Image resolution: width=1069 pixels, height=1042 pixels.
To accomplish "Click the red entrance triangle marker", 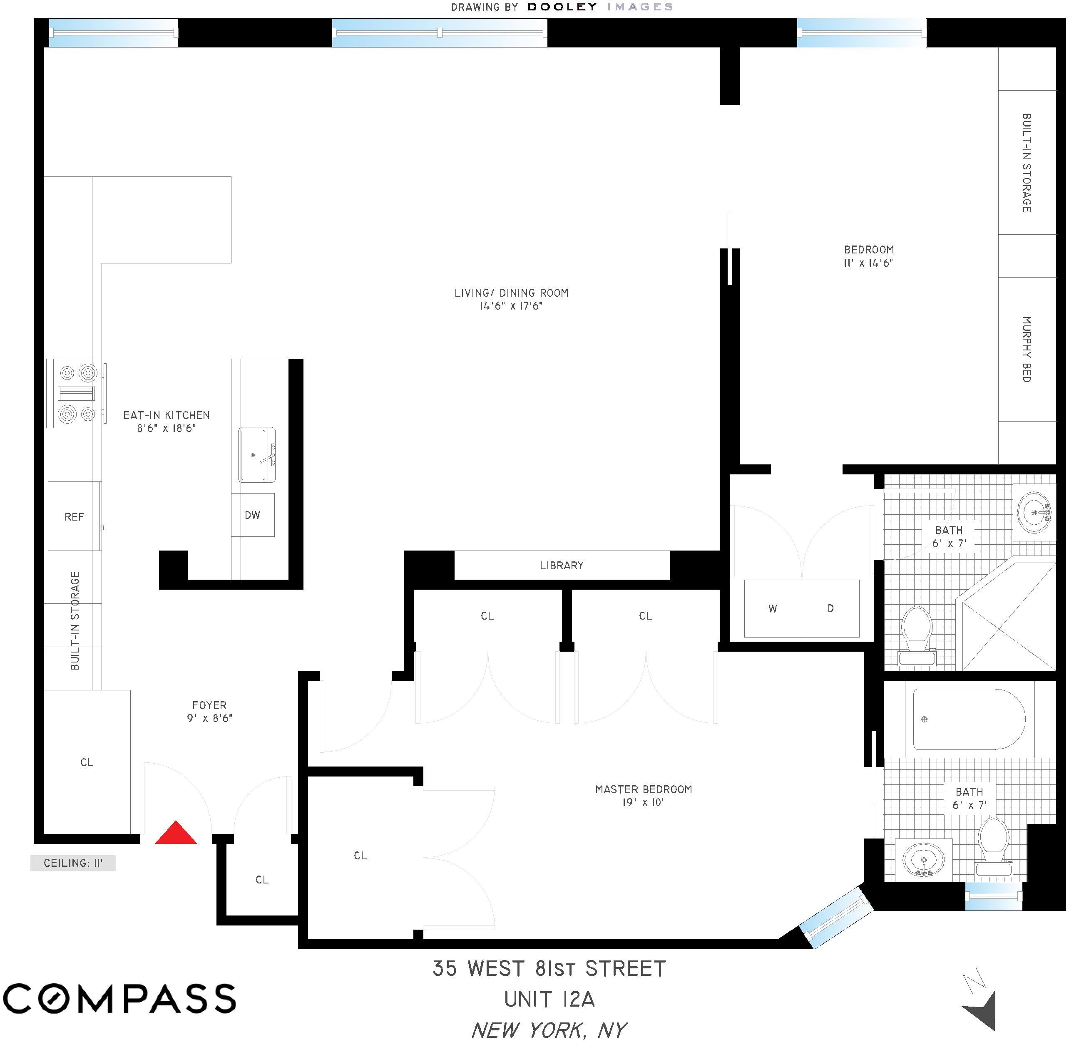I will [176, 834].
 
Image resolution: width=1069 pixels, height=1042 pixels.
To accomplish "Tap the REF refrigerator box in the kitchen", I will [74, 516].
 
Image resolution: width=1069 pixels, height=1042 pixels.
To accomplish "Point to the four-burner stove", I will [75, 393].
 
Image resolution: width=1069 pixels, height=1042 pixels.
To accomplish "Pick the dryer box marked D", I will [830, 608].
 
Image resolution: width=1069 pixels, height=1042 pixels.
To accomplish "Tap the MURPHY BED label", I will [1027, 349].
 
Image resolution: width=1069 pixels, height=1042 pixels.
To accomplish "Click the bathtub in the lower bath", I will [968, 719].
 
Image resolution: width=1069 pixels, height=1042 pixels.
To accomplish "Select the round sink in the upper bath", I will [1034, 512].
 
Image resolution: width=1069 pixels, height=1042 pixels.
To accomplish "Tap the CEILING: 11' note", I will [73, 863].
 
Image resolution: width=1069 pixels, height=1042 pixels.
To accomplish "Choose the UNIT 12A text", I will [549, 999].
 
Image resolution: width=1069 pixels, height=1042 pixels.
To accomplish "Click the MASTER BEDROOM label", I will [643, 795].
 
